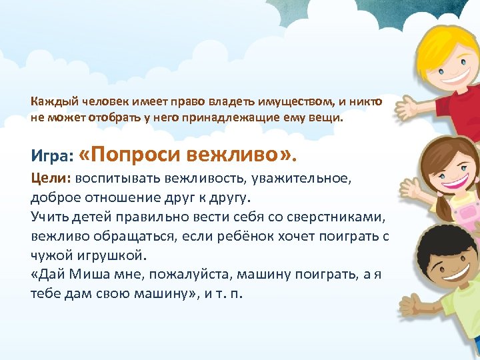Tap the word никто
[x=367, y=102]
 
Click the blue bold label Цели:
[x=51, y=179]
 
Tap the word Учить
[x=49, y=217]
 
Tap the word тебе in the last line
[x=45, y=294]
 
